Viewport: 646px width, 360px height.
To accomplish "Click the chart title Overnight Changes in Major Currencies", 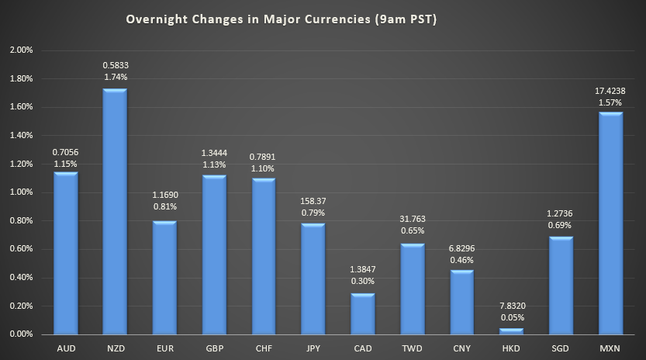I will click(x=282, y=20).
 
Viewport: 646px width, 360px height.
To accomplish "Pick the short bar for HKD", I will click(x=511, y=331).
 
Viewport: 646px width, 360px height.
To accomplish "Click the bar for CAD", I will click(x=362, y=313).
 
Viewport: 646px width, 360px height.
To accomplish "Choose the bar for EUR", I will click(x=164, y=278).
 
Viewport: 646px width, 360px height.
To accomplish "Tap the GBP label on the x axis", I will click(x=214, y=348).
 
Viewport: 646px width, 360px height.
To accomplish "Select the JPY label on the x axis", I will click(x=313, y=348).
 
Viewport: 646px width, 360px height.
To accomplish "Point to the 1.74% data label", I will click(x=115, y=78).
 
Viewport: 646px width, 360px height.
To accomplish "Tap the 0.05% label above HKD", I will click(x=511, y=317).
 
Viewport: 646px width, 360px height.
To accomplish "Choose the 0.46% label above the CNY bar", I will click(x=461, y=260).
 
